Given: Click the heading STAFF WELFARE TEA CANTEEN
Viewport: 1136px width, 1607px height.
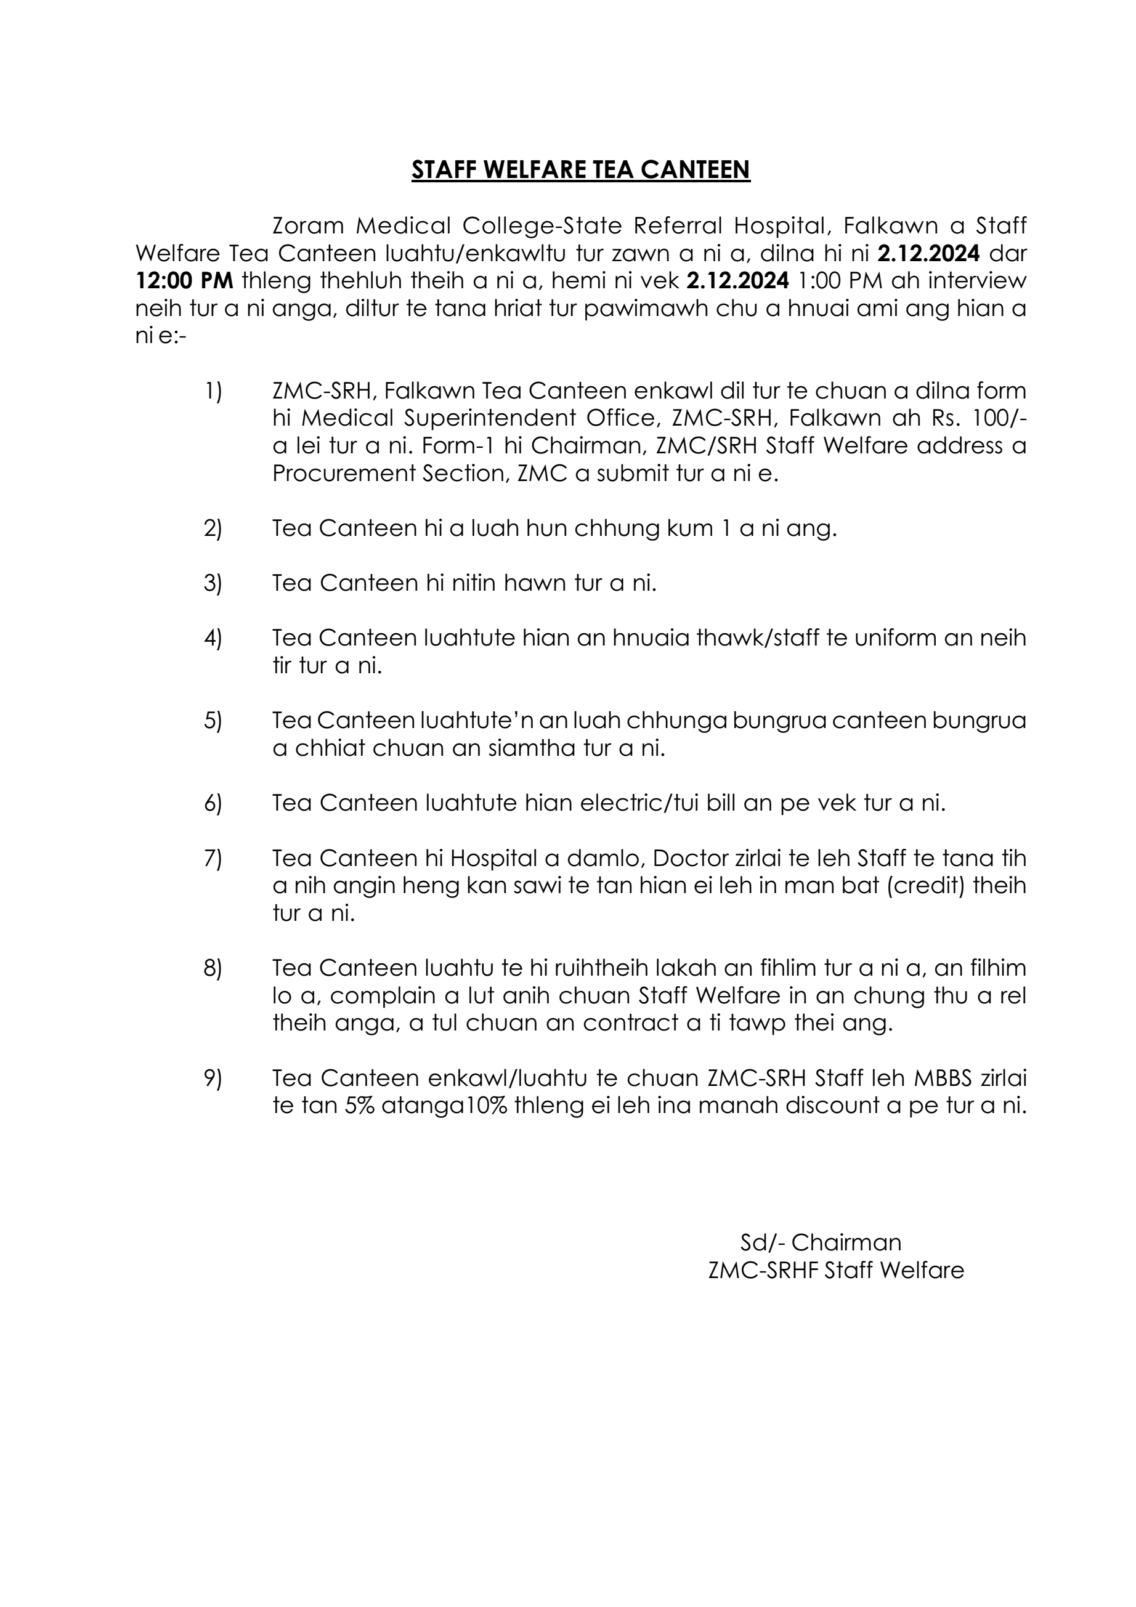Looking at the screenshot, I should [x=580, y=170].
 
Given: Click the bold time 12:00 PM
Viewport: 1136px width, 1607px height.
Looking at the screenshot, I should [x=184, y=281].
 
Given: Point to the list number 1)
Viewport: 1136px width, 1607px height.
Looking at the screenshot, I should [x=213, y=391].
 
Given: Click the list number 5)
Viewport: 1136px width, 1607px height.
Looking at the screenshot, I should [x=213, y=721].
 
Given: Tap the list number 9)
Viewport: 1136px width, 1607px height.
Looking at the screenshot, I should [x=213, y=1079].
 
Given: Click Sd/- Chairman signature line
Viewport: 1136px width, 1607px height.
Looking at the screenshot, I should [x=821, y=1242].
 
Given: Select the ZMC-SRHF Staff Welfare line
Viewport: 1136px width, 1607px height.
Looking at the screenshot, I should [x=836, y=1270].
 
